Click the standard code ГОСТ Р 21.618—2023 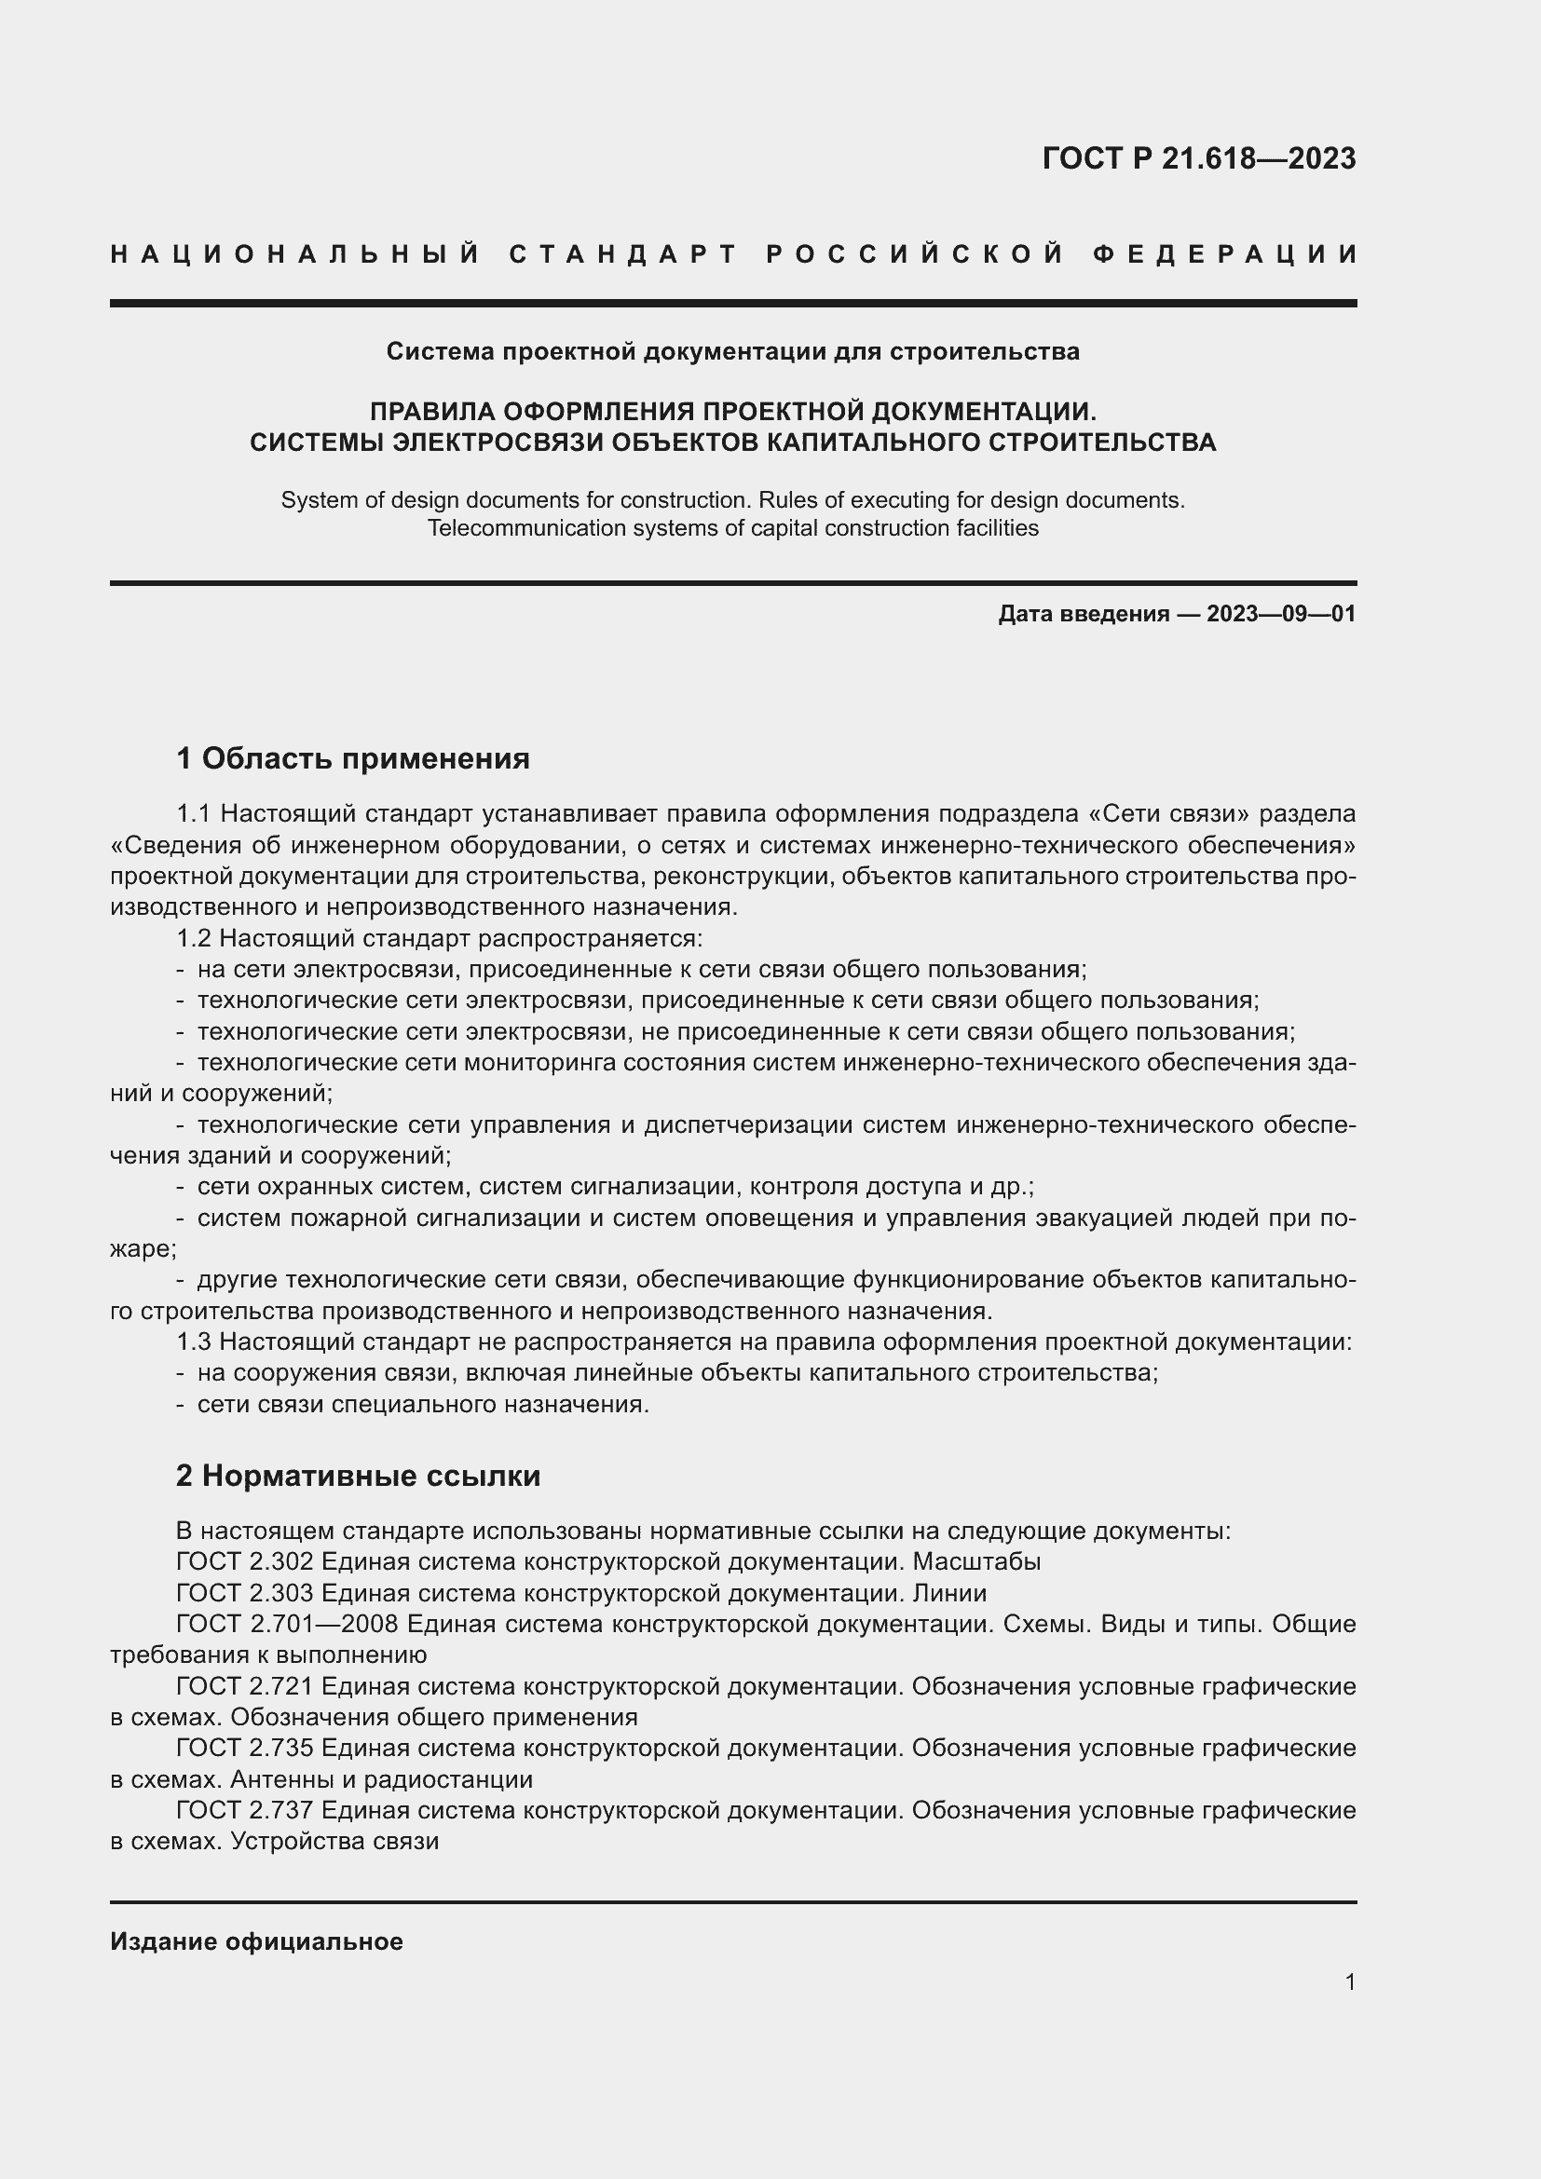[x=1198, y=158]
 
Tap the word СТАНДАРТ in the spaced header [x=623, y=254]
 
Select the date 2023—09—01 [x=1280, y=614]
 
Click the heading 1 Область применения [x=352, y=758]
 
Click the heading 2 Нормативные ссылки [x=358, y=1476]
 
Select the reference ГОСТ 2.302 [x=245, y=1562]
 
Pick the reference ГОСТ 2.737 [x=245, y=1811]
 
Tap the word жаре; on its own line [x=143, y=1250]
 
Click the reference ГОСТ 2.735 [x=245, y=1748]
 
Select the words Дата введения [x=1083, y=614]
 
